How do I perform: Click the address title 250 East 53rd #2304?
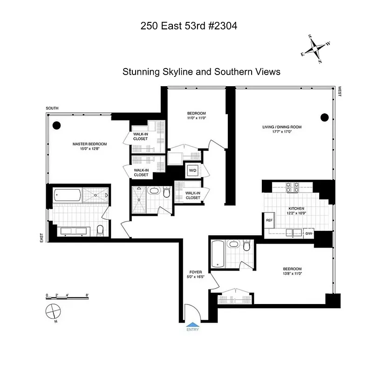pyautogui.click(x=189, y=26)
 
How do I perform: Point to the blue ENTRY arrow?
pyautogui.click(x=192, y=325)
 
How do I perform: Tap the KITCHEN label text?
pyautogui.click(x=296, y=208)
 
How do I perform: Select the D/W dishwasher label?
pyautogui.click(x=308, y=233)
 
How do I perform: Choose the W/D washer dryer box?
pyautogui.click(x=192, y=171)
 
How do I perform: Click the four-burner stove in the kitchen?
pyautogui.click(x=292, y=187)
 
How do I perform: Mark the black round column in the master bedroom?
pyautogui.click(x=57, y=125)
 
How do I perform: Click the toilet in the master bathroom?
pyautogui.click(x=100, y=230)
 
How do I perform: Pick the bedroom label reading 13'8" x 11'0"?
pyautogui.click(x=292, y=271)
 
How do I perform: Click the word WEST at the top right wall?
pyautogui.click(x=340, y=91)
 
